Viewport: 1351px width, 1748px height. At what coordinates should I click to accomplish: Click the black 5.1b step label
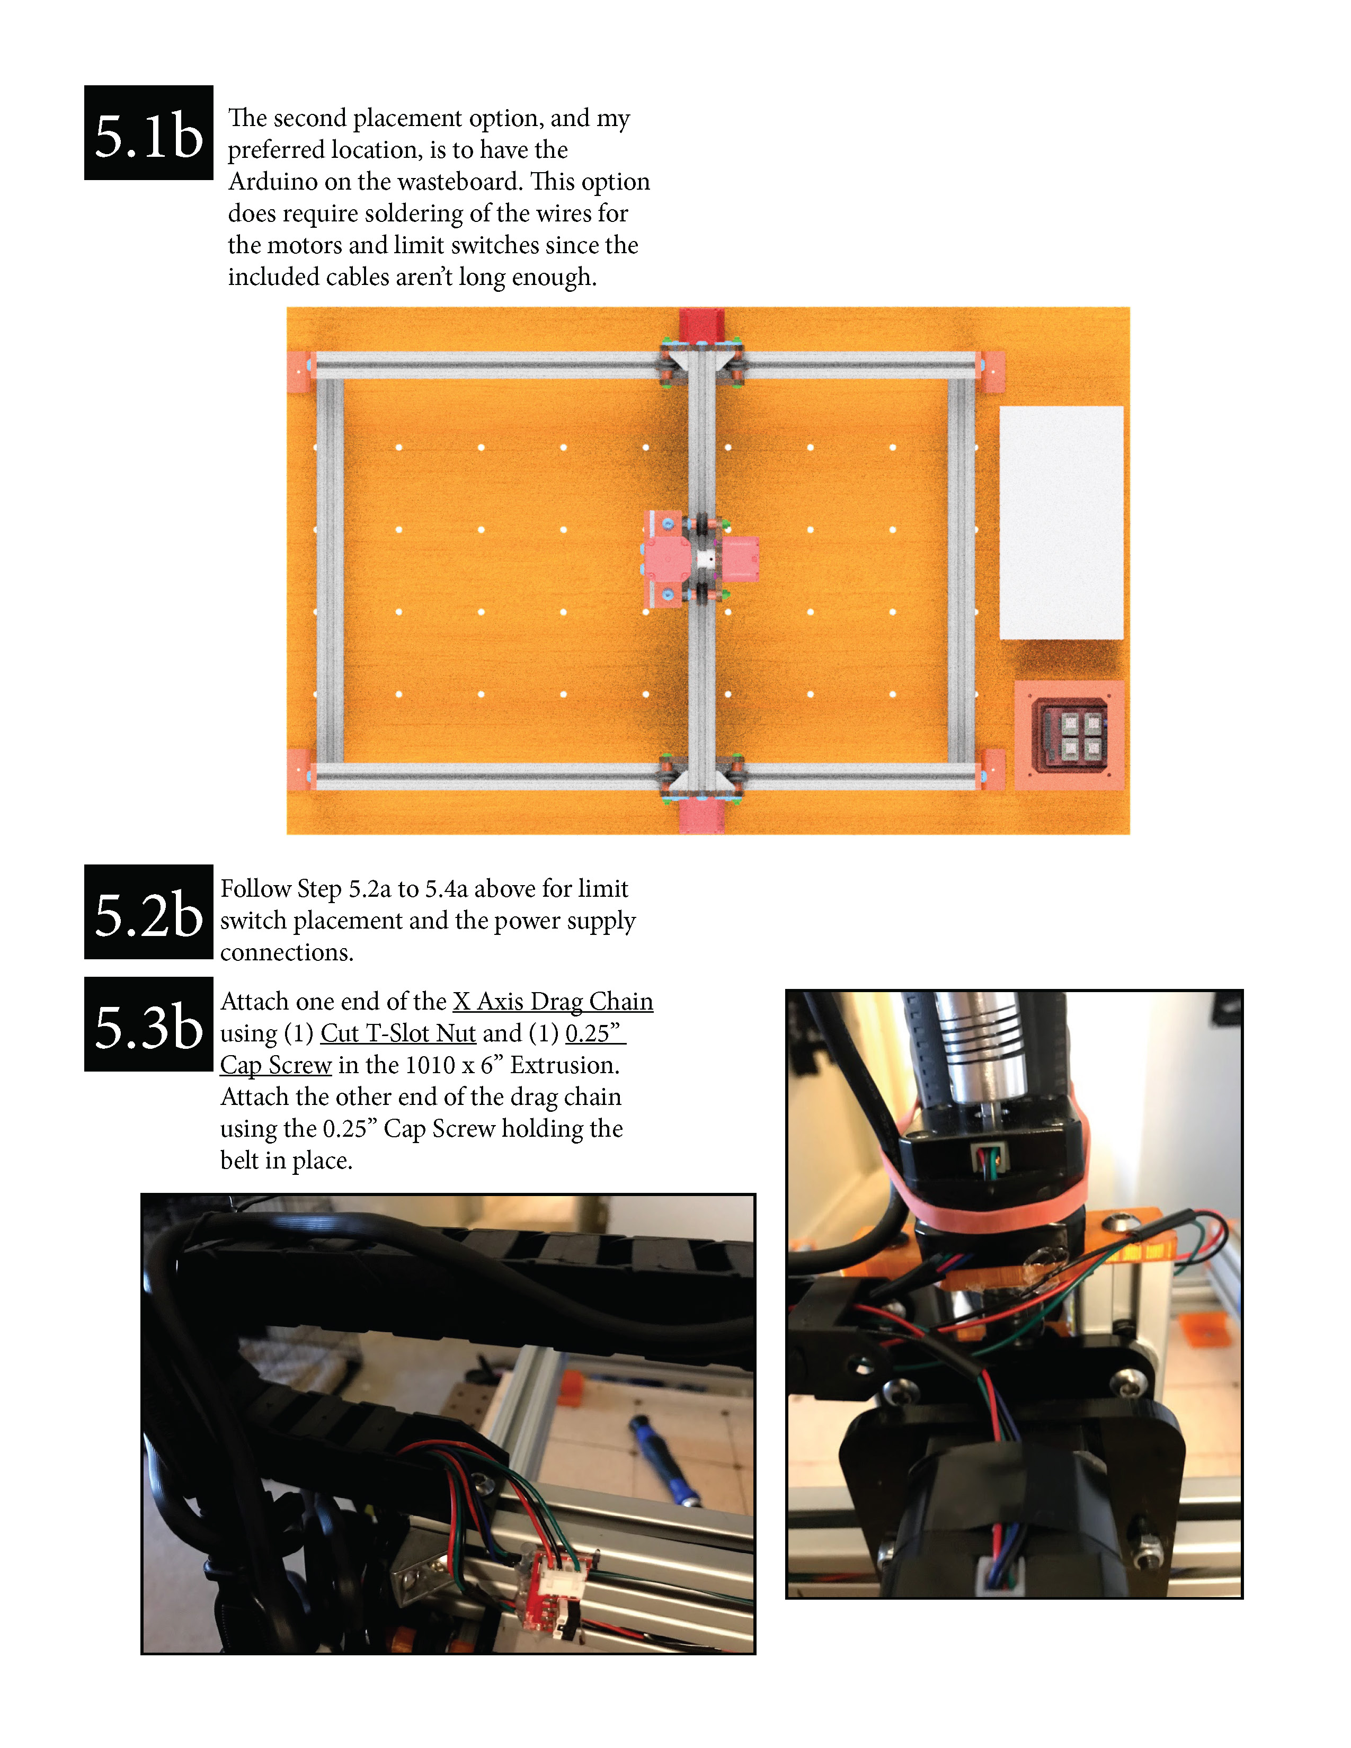(x=148, y=133)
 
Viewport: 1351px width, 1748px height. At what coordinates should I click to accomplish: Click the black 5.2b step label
(x=148, y=913)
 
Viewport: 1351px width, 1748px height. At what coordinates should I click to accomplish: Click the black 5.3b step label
(x=148, y=1024)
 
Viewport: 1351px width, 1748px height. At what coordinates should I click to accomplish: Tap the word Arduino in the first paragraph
(x=274, y=182)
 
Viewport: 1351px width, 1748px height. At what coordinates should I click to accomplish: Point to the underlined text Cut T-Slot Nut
(x=398, y=1033)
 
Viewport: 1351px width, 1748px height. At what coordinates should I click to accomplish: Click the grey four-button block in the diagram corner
(x=1071, y=735)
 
